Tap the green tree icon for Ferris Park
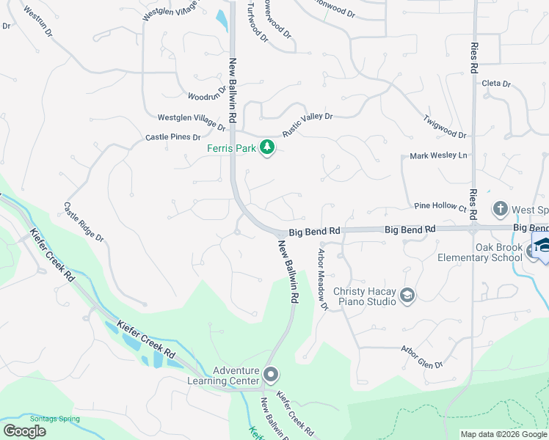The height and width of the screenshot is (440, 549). tap(268, 148)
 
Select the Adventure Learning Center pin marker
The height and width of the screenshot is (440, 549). tap(271, 375)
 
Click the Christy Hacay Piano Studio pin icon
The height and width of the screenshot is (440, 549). tap(407, 296)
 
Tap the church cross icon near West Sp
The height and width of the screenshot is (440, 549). tap(500, 209)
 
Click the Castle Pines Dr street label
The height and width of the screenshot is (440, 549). tap(172, 137)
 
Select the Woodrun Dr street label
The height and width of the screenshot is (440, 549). tap(204, 96)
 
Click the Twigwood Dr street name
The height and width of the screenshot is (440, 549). tap(445, 126)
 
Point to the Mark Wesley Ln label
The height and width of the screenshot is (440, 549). tap(438, 155)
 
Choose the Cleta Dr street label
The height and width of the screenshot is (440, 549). tap(495, 84)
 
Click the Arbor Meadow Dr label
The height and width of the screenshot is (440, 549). tap(321, 279)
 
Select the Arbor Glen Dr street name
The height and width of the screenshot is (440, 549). tap(421, 357)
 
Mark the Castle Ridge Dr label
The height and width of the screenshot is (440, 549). tap(84, 223)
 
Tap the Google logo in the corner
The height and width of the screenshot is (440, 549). tap(24, 431)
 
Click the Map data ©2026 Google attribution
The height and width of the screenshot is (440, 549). tap(503, 434)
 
